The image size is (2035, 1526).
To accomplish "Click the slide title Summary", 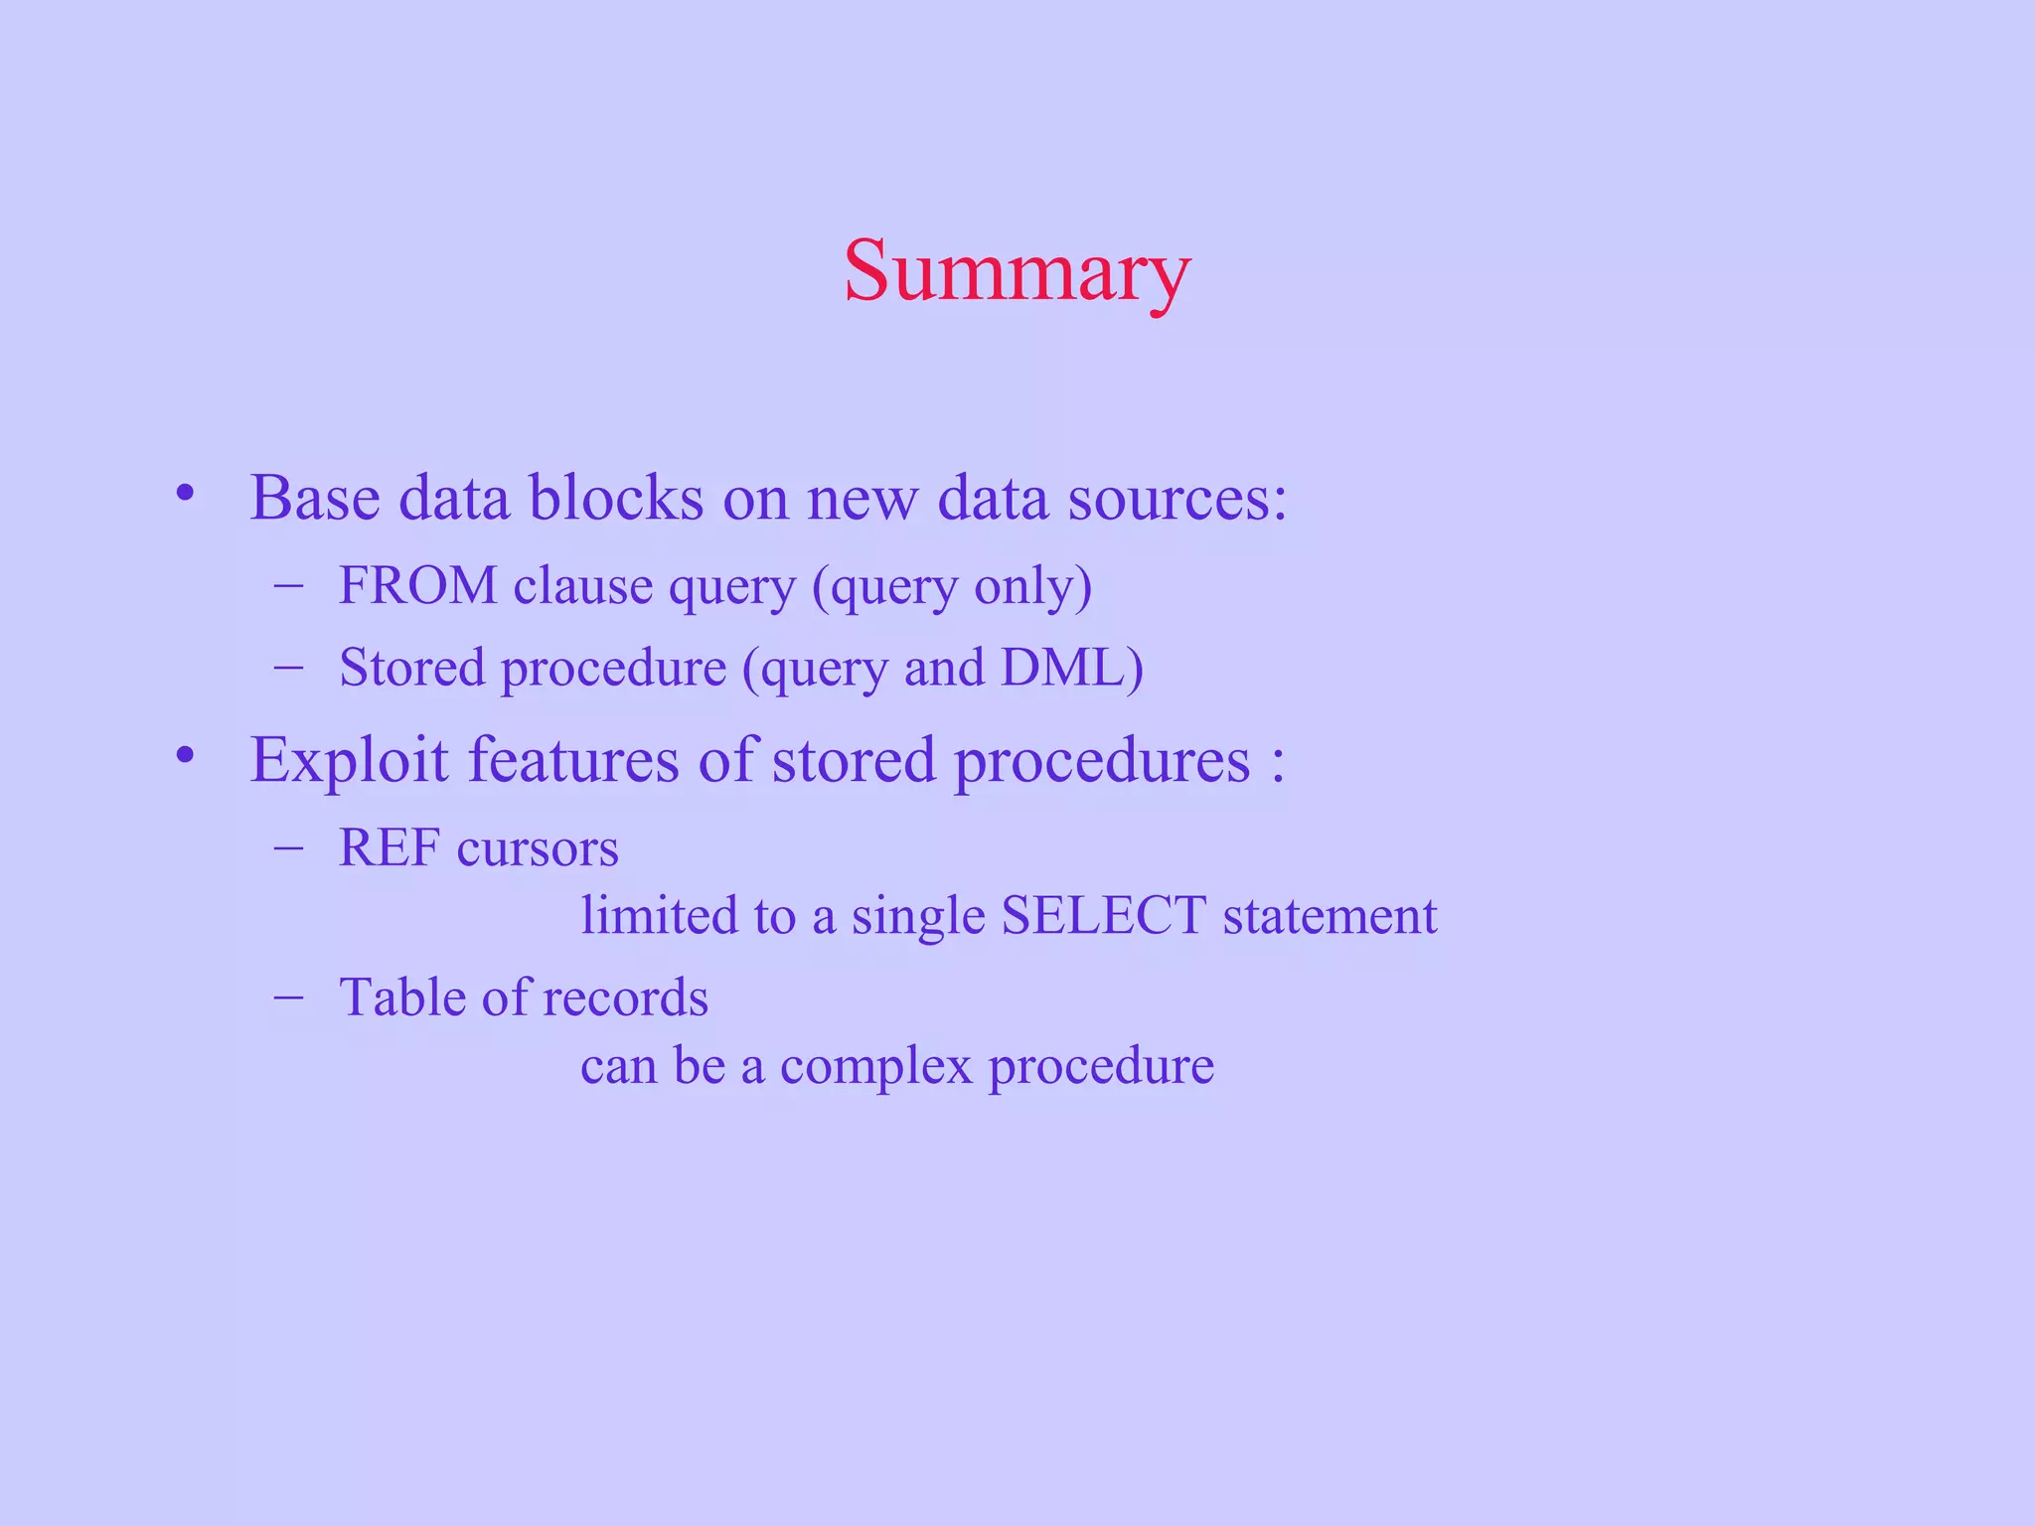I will pos(1017,271).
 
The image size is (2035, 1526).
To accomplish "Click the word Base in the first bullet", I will pos(315,497).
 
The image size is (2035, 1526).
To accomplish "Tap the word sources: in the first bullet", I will pos(1177,497).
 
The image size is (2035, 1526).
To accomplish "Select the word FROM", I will pos(418,585).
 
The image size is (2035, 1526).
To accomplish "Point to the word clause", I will pos(583,585).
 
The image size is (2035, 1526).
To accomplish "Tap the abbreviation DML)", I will pos(1072,668).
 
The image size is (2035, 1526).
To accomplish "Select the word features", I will pos(573,760).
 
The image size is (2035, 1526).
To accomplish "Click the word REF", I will pos(390,848).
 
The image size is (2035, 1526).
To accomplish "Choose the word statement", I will pos(1330,916).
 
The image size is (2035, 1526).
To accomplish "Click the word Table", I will pos(402,996).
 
